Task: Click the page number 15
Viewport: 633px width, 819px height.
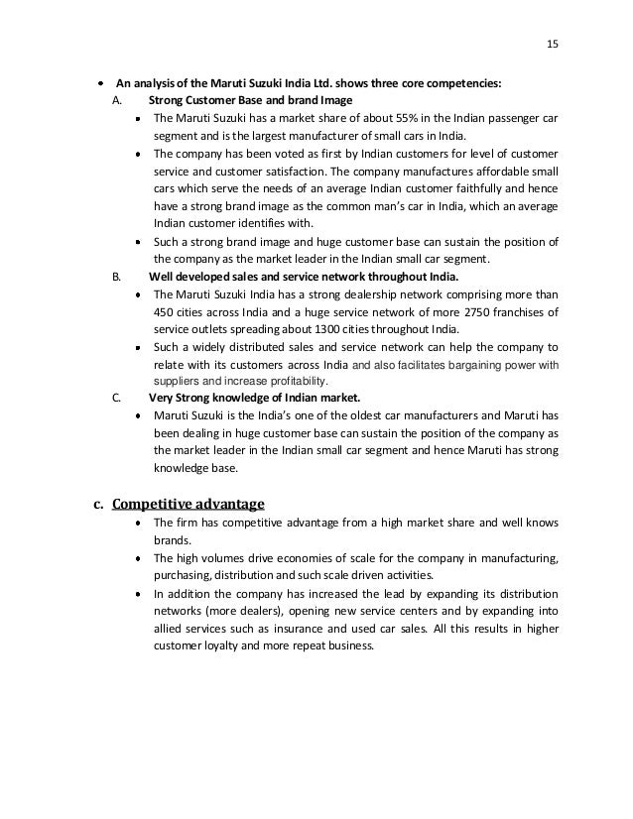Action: click(x=553, y=43)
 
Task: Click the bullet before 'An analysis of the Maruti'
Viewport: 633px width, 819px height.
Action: click(x=103, y=83)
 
